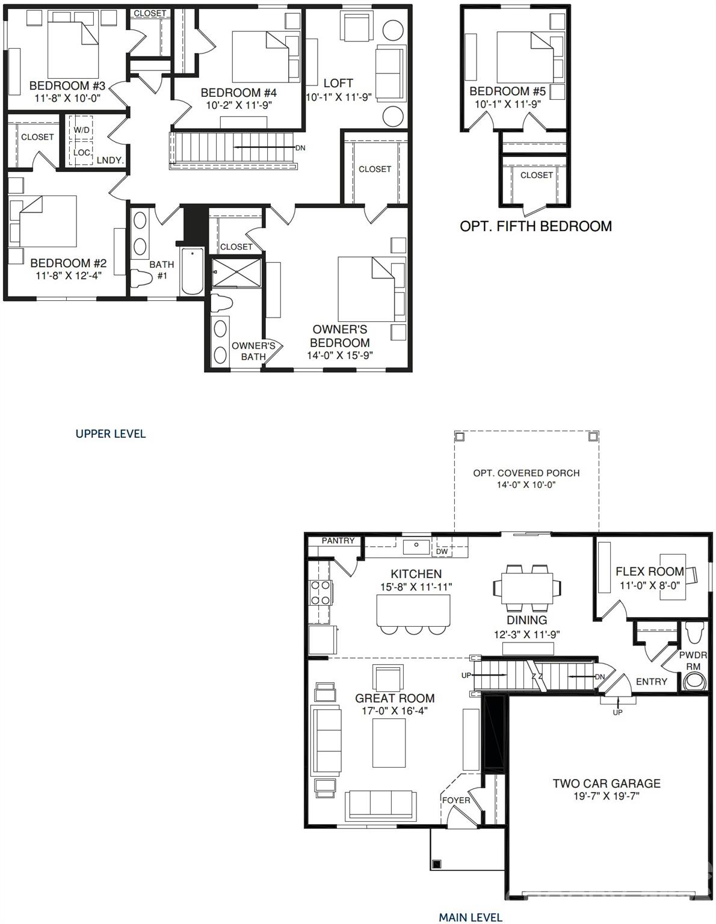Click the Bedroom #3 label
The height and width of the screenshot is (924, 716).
(67, 85)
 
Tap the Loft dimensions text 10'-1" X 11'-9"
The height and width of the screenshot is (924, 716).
(338, 97)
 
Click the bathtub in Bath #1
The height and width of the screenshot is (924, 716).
(193, 270)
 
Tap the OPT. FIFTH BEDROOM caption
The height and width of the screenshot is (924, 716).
(535, 226)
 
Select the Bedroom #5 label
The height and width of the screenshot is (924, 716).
(507, 91)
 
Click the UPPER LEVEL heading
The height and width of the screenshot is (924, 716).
(111, 434)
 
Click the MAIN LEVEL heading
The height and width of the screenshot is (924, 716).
(470, 917)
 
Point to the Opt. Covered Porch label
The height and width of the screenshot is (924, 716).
(526, 473)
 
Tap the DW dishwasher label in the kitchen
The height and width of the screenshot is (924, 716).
(442, 551)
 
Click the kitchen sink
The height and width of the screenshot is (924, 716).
(416, 547)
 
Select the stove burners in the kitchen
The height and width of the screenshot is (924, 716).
(319, 592)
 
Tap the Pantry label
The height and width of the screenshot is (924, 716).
(338, 540)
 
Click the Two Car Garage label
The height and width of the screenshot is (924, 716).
(606, 783)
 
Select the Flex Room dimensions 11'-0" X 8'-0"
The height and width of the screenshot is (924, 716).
(650, 585)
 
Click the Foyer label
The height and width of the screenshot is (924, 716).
(456, 800)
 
